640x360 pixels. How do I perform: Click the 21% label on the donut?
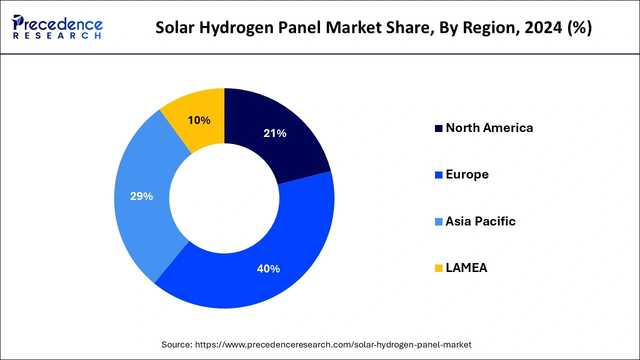pyautogui.click(x=275, y=133)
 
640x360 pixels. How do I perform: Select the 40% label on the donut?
pyautogui.click(x=268, y=269)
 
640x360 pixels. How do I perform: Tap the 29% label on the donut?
pyautogui.click(x=141, y=196)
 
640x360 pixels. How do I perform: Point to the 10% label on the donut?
pyautogui.click(x=199, y=120)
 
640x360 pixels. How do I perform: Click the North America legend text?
pyautogui.click(x=489, y=128)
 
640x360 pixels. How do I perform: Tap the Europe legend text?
pyautogui.click(x=467, y=174)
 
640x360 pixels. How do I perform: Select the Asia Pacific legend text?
pyautogui.click(x=480, y=221)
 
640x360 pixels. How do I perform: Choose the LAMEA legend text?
pyautogui.click(x=466, y=268)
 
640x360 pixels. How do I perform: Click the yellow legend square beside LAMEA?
pyautogui.click(x=438, y=268)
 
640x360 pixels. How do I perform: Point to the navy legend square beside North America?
pyautogui.click(x=438, y=128)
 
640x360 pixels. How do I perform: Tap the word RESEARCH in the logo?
pyautogui.click(x=57, y=36)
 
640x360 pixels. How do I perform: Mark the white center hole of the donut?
pyautogui.click(x=224, y=198)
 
